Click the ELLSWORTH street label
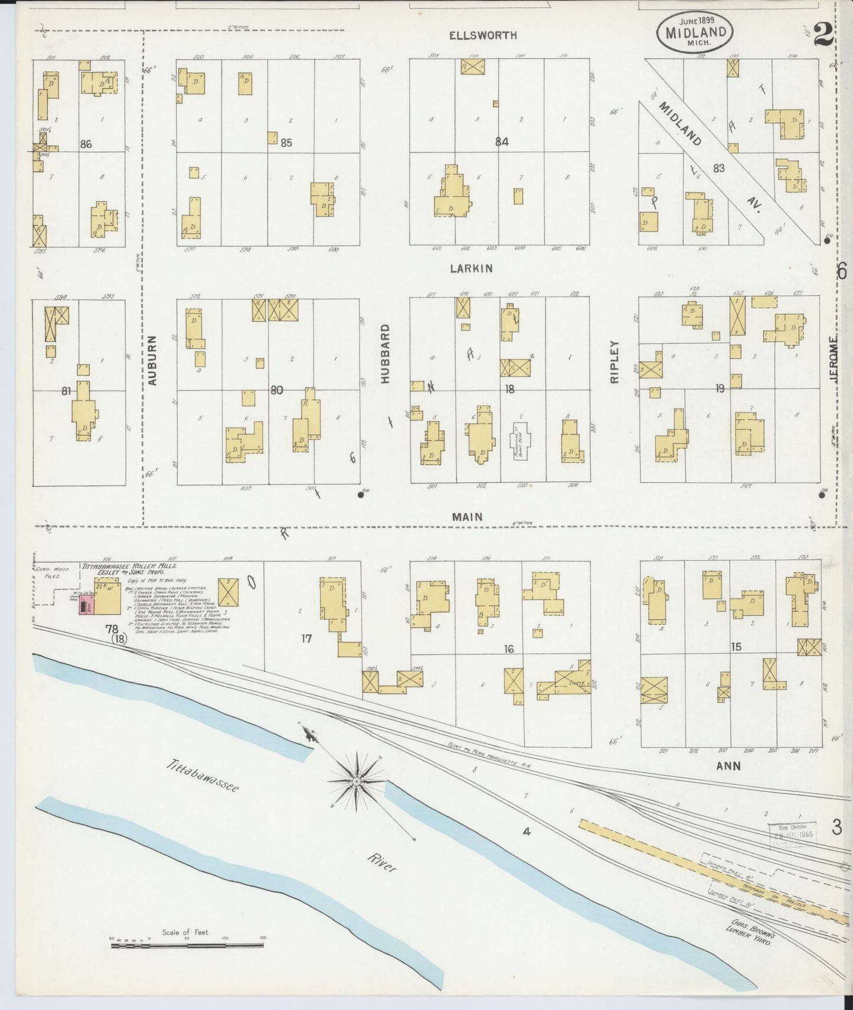pos(483,35)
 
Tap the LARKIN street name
pos(471,269)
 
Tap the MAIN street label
pos(467,517)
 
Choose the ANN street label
pos(728,766)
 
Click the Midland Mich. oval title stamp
pos(694,33)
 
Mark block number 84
pos(502,142)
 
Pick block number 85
pos(286,142)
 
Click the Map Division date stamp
pos(791,835)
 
